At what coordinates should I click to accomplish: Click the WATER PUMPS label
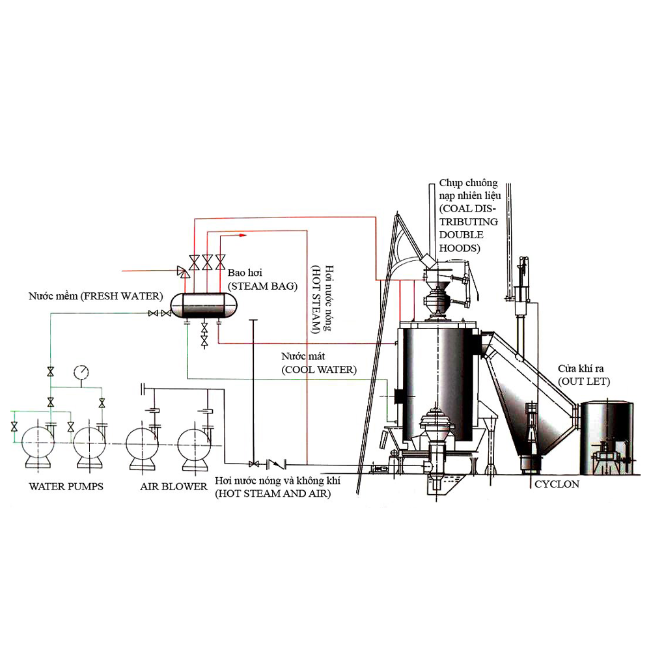66,486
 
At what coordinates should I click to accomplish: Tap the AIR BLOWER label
174,486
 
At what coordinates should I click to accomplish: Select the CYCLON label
557,484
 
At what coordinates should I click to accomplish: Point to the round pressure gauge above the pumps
81,372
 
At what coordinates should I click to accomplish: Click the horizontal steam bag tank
204,305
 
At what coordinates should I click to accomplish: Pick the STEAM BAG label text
262,286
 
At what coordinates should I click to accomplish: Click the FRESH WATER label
96,296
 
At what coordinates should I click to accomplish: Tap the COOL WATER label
319,370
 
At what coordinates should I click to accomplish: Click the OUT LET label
584,381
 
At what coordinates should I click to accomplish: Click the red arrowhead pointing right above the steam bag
243,236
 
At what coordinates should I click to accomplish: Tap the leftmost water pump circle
38,443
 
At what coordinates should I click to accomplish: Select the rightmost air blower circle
194,444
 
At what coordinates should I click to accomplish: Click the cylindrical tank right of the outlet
607,438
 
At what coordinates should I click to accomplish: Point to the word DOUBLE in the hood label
462,234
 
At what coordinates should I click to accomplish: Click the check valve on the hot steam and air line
276,464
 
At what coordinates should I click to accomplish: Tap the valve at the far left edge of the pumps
14,426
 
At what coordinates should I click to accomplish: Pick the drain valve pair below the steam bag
204,335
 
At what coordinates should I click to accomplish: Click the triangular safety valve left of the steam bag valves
183,272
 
